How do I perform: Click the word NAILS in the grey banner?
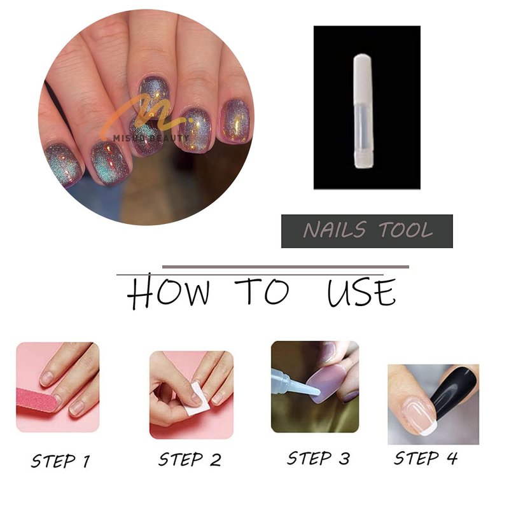point(335,230)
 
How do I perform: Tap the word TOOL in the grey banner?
point(406,230)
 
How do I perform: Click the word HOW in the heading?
point(168,291)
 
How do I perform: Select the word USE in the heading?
point(361,291)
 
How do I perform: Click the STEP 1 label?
point(60,461)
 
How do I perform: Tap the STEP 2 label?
point(190,459)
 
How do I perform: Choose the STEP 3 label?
point(319,458)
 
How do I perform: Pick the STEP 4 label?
point(426,458)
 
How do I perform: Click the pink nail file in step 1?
point(36,400)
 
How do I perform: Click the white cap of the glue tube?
point(363,82)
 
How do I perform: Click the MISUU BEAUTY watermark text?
point(151,138)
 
